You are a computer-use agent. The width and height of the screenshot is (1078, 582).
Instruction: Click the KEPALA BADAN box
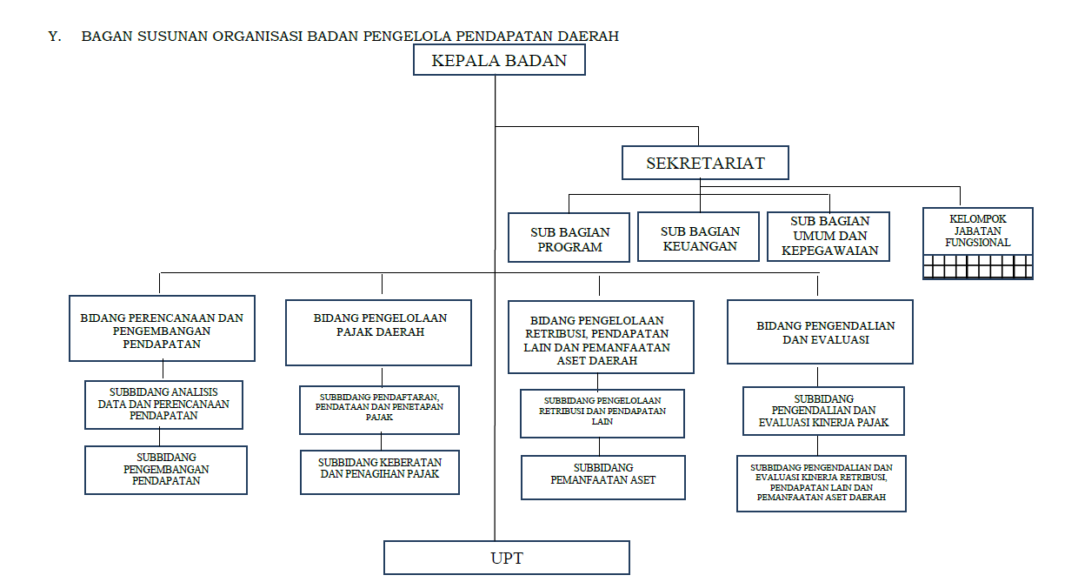point(499,60)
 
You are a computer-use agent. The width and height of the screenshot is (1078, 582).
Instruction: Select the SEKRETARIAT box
point(705,163)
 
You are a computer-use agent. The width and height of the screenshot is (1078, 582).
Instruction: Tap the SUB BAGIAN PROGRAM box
point(569,237)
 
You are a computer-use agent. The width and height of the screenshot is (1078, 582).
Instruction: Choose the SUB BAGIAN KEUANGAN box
point(698,237)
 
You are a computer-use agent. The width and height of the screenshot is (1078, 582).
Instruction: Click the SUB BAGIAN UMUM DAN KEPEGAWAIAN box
point(828,237)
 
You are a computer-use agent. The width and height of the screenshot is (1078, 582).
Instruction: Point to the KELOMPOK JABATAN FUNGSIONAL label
point(977,231)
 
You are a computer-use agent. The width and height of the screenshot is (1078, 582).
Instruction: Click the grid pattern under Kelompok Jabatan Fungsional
point(978,267)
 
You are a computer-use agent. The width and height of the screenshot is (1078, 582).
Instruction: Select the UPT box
point(506,558)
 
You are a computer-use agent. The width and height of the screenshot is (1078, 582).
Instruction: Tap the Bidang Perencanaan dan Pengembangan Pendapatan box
point(162,328)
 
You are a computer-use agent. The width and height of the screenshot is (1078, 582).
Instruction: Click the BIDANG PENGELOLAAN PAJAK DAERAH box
point(378,332)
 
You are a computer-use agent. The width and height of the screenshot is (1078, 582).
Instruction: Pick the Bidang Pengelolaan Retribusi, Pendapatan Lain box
point(601,337)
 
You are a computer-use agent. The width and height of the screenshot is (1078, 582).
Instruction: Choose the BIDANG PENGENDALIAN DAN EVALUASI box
point(820,331)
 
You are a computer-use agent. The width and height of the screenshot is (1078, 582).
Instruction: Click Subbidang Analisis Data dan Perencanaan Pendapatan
point(163,405)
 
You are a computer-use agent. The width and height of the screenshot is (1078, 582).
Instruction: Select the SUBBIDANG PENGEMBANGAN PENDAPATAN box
point(165,470)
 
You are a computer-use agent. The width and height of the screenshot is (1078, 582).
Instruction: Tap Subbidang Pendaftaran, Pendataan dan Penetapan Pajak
point(379,410)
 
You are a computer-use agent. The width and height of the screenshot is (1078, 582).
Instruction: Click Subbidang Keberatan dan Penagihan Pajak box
point(380,472)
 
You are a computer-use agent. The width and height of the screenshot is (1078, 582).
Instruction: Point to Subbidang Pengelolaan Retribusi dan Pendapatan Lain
point(602,413)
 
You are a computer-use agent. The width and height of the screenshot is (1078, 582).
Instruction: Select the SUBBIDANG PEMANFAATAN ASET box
point(603,478)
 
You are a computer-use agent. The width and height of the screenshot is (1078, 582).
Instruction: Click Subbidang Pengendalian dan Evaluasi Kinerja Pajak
point(823,411)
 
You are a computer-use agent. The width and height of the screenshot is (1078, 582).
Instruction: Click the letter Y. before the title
point(55,37)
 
